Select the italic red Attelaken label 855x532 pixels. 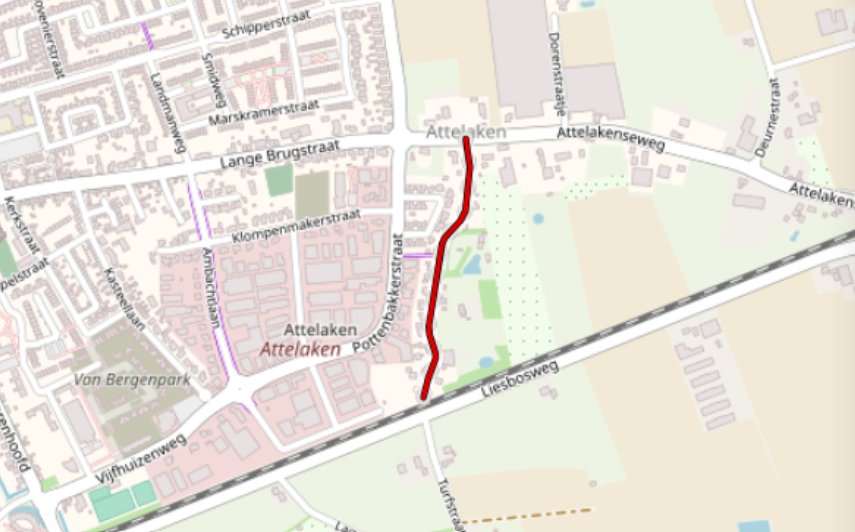300,349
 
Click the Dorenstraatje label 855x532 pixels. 555,72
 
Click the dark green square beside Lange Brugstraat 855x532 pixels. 279,180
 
